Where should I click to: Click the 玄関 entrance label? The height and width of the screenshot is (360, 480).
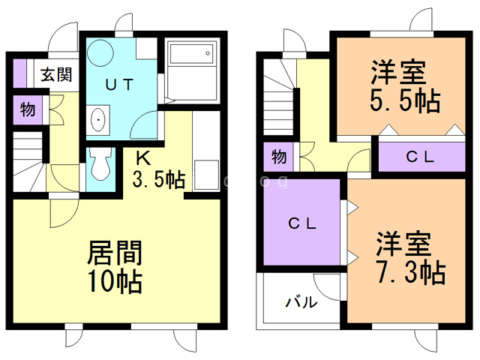pos(56,75)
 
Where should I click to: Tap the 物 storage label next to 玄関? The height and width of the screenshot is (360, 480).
pos(27,109)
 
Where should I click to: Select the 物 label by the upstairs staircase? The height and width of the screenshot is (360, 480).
pos(279,157)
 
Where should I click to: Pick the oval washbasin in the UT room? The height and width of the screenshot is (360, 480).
pos(98,120)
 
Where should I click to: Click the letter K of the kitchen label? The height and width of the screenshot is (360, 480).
pos(142,158)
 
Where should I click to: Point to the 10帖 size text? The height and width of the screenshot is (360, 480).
pos(115,282)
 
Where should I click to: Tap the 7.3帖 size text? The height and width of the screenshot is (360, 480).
pos(409,271)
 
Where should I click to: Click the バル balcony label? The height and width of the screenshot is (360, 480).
pos(301,303)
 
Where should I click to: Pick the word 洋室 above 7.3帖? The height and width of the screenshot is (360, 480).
pos(403,244)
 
